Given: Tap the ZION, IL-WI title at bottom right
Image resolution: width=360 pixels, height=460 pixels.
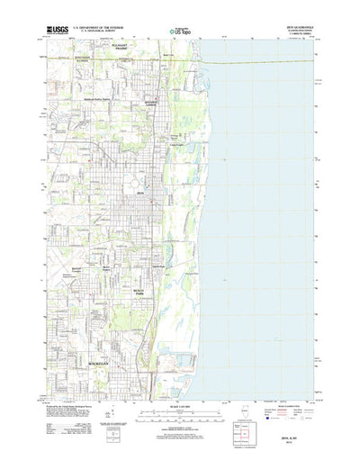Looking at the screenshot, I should coord(293,437).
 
